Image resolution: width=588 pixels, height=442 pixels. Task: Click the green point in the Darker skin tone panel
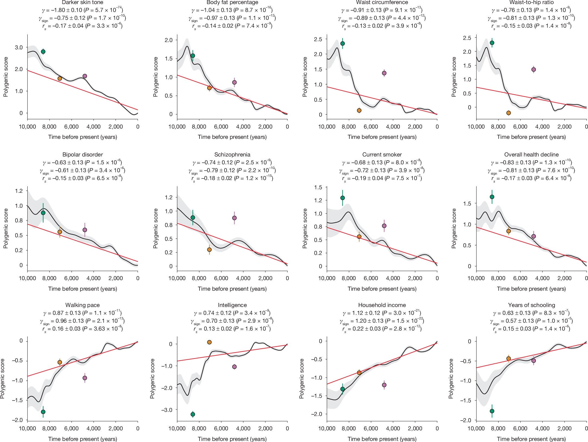[43, 52]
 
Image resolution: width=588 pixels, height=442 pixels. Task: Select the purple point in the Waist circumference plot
[384, 73]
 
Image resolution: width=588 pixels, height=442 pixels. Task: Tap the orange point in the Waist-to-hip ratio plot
[508, 113]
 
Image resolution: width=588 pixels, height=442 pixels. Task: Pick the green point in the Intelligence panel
[193, 414]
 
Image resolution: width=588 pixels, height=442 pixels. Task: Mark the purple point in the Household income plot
[384, 385]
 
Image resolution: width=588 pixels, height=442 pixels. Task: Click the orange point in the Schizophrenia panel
[209, 249]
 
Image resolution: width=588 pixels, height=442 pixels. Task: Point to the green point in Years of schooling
[492, 411]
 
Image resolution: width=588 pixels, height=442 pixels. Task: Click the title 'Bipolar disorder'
[83, 155]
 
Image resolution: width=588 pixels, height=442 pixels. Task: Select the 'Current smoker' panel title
[382, 155]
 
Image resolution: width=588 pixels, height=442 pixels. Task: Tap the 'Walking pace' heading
[83, 305]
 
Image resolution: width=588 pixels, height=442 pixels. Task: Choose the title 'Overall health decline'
[531, 155]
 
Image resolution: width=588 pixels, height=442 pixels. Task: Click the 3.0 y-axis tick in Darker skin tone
[19, 47]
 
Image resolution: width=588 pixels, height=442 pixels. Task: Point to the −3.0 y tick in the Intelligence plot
[167, 410]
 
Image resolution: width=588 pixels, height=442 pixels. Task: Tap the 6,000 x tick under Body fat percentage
[221, 127]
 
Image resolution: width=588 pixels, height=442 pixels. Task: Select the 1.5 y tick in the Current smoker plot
[318, 187]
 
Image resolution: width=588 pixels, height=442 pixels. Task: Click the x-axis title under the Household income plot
[382, 439]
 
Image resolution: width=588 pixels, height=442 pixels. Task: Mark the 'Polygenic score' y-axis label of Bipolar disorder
[6, 228]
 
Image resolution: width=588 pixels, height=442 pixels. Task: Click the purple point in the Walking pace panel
[85, 378]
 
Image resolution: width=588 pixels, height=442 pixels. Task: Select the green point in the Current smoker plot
[343, 198]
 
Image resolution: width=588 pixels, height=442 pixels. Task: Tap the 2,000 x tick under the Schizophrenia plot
[265, 278]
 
